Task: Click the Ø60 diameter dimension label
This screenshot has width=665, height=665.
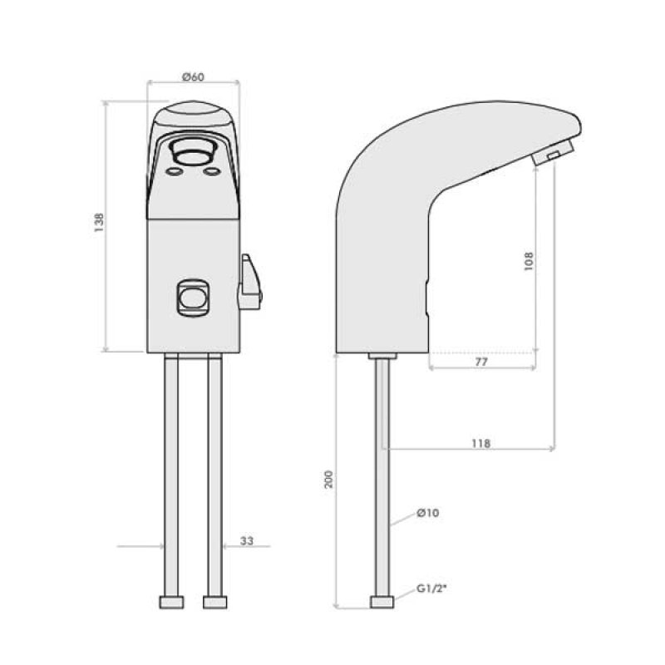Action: (x=193, y=76)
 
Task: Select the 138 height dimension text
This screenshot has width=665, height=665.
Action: (x=99, y=226)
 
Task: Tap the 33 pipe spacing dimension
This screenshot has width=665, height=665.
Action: (x=246, y=541)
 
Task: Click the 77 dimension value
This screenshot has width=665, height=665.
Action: (x=480, y=363)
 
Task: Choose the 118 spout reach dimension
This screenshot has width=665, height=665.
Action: (x=480, y=443)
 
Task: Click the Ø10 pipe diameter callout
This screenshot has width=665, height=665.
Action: (x=427, y=513)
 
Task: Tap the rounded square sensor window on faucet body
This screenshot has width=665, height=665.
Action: (x=193, y=297)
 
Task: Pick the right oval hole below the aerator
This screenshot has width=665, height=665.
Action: (x=212, y=172)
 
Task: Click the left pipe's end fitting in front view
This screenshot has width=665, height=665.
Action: (x=172, y=601)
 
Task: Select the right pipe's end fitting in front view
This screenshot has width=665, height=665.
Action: (x=214, y=601)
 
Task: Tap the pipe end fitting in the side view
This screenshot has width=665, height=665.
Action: (x=383, y=602)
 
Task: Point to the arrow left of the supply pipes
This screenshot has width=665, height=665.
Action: (x=140, y=546)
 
